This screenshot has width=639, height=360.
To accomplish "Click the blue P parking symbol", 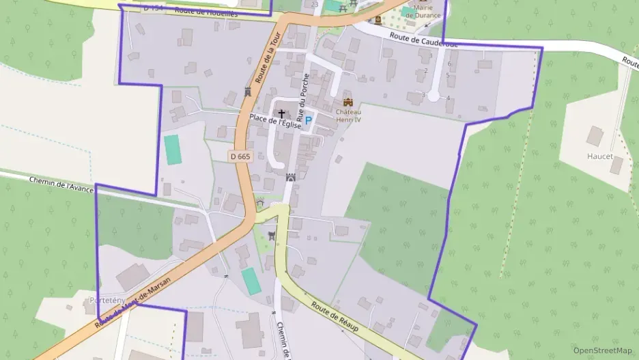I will pos(308,120).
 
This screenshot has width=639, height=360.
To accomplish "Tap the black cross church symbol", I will pos(281,113).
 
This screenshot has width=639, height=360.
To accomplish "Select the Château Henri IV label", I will pos(347,115).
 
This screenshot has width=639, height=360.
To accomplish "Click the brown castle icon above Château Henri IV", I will pos(347,102).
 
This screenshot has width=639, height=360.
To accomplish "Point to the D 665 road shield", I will pos(240,156).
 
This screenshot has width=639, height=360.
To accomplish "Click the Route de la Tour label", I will pos(268,57).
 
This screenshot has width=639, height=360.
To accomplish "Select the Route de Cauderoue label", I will pos(423,40).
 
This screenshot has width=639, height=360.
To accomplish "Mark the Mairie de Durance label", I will pos(424,12).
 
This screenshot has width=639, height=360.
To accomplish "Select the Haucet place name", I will pos(599,156).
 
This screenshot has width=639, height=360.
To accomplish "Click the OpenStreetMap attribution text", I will pos(603,350).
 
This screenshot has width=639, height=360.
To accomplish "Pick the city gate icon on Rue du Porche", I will pos(290,177).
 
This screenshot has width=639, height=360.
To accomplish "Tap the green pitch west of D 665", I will pos(172,150).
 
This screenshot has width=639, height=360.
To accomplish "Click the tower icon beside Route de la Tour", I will pos(248,92).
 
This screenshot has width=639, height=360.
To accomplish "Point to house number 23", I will pos(314,5).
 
